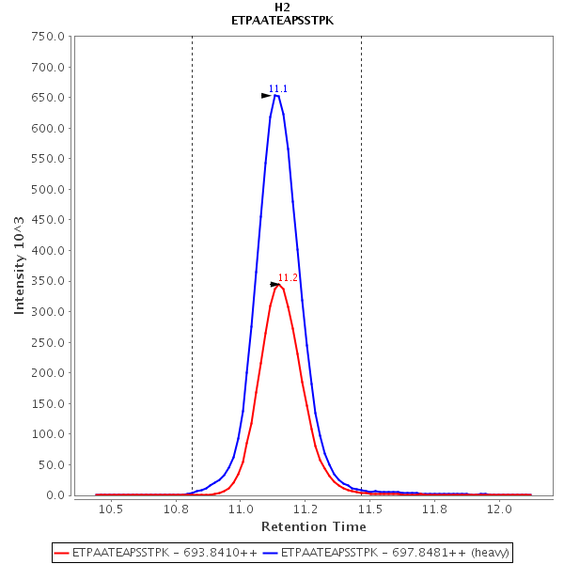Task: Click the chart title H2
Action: pos(282,7)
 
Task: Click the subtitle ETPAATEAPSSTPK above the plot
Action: pos(282,21)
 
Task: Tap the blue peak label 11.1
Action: pos(278,89)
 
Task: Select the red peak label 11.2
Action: pos(288,277)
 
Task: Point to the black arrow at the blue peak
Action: pos(266,96)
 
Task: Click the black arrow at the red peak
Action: pos(275,284)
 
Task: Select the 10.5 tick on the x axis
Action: pos(112,509)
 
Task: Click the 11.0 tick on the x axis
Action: pos(242,509)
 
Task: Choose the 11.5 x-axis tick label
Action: pos(370,509)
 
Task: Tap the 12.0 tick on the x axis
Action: pos(500,509)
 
